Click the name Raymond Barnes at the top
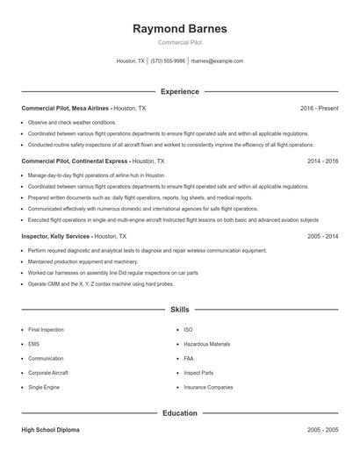coord(179,29)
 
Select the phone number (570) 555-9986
coord(168,61)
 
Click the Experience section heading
coord(179,91)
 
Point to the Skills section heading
coord(179,310)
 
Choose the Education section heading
coord(179,412)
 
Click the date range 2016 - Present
coord(319,108)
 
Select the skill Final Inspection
coord(46,330)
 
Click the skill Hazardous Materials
coord(206,344)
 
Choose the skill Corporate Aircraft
coord(47,373)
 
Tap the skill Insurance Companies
coord(208,387)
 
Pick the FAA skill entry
coord(189,358)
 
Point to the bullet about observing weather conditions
coord(71,122)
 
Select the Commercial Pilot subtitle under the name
coord(179,43)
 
